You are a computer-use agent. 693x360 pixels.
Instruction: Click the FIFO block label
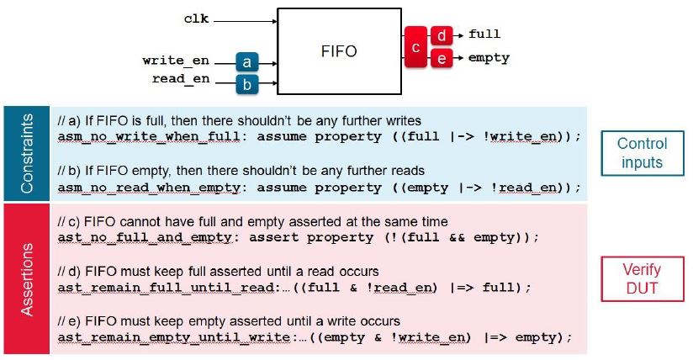340,51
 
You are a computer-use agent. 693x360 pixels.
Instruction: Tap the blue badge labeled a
246,61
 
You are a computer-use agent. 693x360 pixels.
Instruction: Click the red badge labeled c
415,46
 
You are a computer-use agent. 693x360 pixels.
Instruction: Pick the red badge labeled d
442,35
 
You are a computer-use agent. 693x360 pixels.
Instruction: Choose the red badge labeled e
442,58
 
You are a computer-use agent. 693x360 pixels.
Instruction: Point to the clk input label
196,17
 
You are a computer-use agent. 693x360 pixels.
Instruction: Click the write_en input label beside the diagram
176,61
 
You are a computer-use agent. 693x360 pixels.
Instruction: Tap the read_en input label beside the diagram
180,79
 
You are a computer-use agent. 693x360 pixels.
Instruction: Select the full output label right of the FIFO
484,34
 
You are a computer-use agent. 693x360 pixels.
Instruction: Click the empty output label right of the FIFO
488,58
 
